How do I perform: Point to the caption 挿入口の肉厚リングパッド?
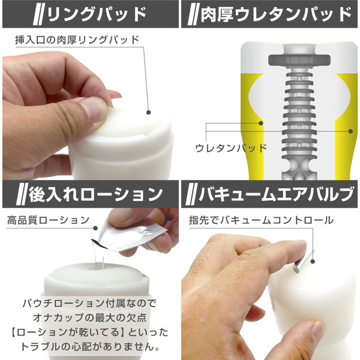[x=76, y=40]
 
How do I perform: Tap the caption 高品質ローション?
[x=48, y=220]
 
